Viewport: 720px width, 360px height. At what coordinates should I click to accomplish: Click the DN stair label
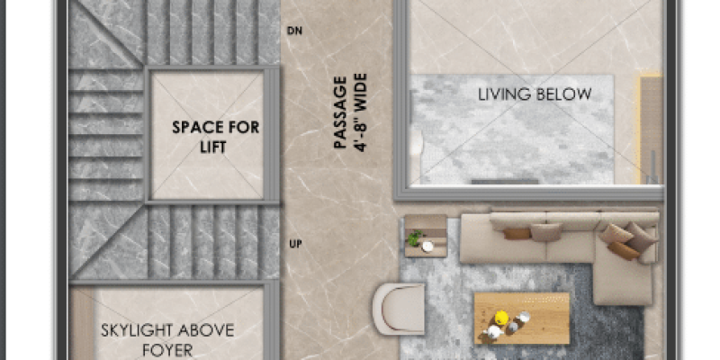pos(295,31)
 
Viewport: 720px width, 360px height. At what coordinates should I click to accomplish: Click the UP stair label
pos(296,244)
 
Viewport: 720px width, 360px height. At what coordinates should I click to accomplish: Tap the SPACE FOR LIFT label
pos(215,137)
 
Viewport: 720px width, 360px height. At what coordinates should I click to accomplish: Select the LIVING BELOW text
pos(535,94)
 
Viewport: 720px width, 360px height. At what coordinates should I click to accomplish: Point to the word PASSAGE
pos(340,113)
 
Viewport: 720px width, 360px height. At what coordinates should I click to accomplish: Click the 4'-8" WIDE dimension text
pos(361,112)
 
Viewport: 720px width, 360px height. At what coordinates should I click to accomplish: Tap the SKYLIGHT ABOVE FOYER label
pos(167,340)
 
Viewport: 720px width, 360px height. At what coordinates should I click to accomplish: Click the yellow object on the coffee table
pos(501,318)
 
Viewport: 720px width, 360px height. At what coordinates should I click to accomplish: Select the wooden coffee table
pos(522,319)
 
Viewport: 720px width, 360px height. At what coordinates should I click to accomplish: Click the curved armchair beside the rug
pos(399,308)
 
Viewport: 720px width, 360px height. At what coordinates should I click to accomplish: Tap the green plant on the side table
pos(415,238)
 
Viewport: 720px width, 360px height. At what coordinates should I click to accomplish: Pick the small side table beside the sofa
pos(426,236)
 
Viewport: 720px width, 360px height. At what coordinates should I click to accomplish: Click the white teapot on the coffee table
pos(493,332)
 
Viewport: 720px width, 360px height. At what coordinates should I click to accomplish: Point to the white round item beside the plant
pos(428,247)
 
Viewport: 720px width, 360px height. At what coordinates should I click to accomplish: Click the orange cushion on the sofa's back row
pos(517,234)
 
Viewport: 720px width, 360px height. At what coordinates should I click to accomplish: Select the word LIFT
pos(213,148)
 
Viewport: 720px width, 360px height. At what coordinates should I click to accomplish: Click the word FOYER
pos(167,351)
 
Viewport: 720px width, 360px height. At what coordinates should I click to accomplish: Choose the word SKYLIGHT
pos(133,329)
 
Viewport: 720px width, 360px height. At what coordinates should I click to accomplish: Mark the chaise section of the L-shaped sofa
pos(623,271)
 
